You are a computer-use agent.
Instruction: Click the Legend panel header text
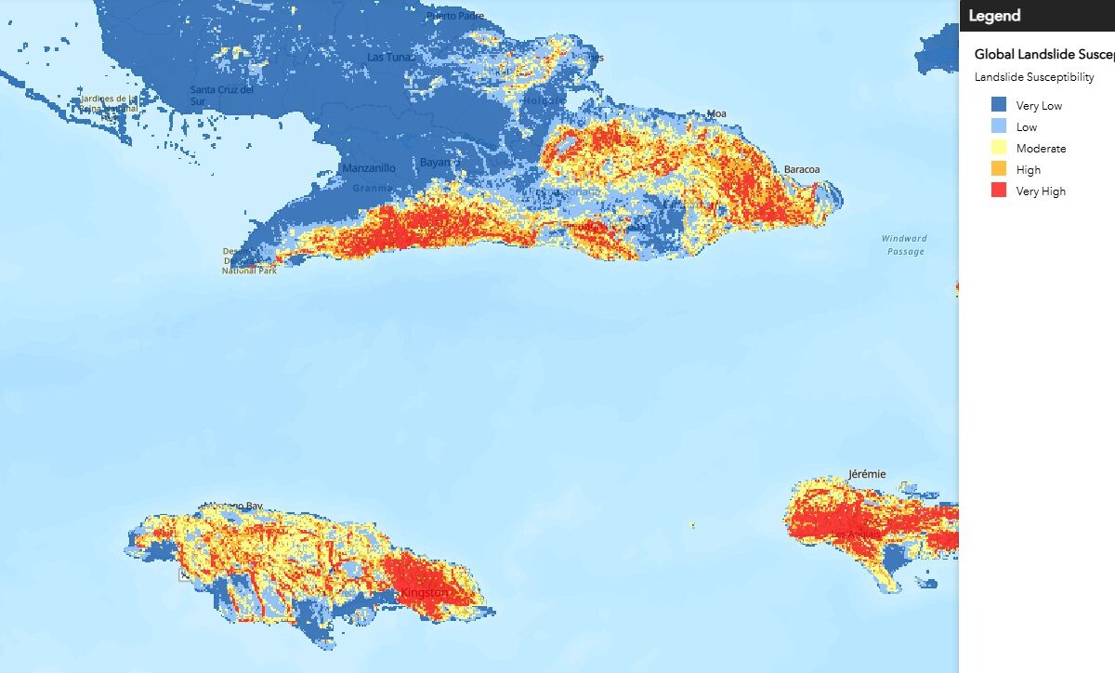pyautogui.click(x=994, y=16)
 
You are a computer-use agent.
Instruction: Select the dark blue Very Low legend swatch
pyautogui.click(x=999, y=105)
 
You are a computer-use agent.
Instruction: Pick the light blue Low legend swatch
pyautogui.click(x=999, y=126)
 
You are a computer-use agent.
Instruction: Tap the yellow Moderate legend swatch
pyautogui.click(x=999, y=148)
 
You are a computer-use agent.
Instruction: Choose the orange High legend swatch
pyautogui.click(x=999, y=169)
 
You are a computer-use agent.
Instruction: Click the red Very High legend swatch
pyautogui.click(x=999, y=191)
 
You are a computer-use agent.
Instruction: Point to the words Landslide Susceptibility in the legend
pyautogui.click(x=1034, y=77)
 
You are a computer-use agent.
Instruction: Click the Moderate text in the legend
pyautogui.click(x=1041, y=149)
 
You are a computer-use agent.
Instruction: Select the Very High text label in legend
pyautogui.click(x=1041, y=191)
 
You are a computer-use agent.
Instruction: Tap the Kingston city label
pyautogui.click(x=424, y=592)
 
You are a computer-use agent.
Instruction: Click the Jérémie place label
pyautogui.click(x=867, y=474)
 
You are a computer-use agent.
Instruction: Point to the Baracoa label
pyautogui.click(x=803, y=170)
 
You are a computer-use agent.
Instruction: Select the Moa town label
pyautogui.click(x=717, y=114)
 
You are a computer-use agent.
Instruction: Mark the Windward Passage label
pyautogui.click(x=903, y=245)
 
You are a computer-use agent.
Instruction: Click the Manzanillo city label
pyautogui.click(x=369, y=168)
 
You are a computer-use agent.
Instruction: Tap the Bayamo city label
pyautogui.click(x=436, y=162)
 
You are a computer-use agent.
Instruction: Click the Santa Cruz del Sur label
pyautogui.click(x=222, y=95)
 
